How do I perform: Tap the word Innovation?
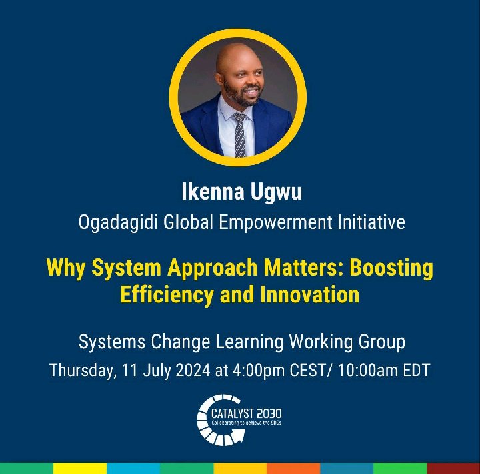coord(312,294)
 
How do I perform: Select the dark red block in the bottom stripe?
coord(453,468)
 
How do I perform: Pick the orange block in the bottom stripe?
coord(293,468)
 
